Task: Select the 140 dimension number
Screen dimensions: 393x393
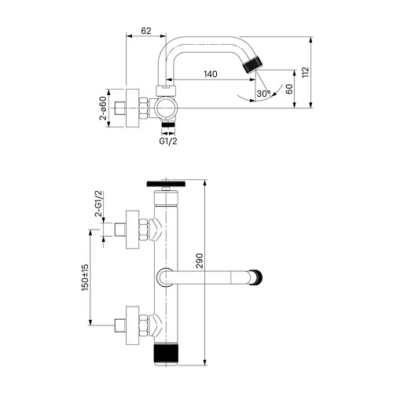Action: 210,74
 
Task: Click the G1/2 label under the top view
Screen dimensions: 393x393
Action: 167,142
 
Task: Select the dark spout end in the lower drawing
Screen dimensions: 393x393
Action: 255,276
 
